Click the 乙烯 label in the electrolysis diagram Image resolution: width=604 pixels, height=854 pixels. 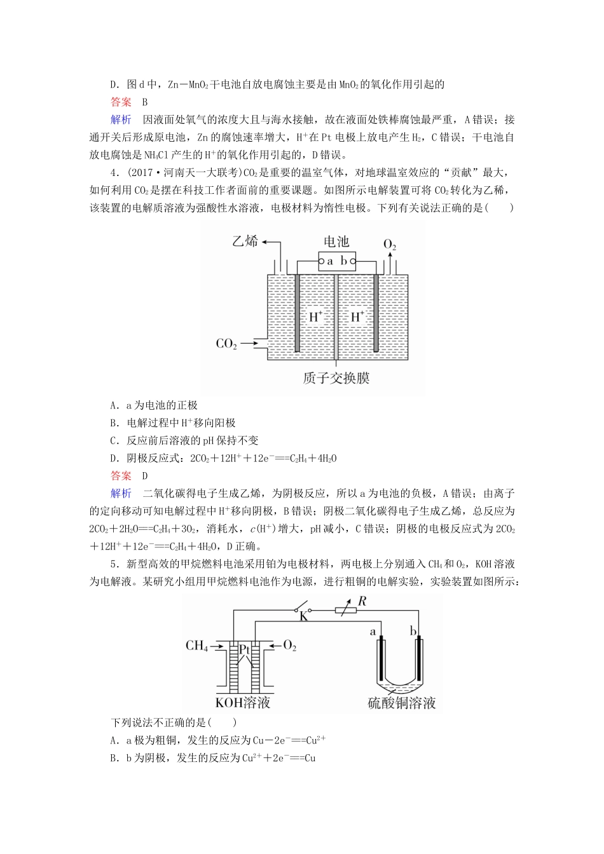[245, 241]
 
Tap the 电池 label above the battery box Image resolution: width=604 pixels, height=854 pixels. [336, 241]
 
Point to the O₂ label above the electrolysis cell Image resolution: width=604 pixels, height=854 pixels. [390, 245]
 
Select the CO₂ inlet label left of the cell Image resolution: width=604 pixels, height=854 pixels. [226, 344]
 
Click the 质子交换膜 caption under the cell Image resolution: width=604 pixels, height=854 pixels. [336, 378]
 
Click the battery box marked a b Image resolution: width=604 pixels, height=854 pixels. [336, 261]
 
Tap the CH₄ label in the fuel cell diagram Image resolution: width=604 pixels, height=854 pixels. [196, 646]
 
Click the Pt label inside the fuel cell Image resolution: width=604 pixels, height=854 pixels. [245, 649]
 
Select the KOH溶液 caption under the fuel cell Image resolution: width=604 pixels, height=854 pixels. [243, 702]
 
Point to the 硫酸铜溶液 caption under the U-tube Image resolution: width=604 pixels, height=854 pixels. [402, 703]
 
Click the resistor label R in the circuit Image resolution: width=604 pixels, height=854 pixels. [362, 601]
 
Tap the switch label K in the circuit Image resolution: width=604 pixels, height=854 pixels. [303, 616]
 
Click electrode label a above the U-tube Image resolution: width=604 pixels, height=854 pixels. [373, 631]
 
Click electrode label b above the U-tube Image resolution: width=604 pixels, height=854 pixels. [413, 631]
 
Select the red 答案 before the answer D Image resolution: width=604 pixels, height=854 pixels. [121, 476]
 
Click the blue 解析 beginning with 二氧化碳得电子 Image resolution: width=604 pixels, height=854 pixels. [121, 494]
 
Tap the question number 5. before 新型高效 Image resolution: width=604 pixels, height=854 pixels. [114, 564]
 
